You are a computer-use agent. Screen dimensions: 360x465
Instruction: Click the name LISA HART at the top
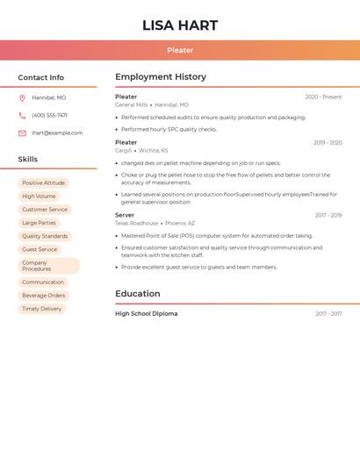pos(180,25)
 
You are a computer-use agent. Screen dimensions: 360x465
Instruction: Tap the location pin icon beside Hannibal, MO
pos(22,97)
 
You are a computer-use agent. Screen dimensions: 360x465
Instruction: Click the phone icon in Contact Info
pos(22,115)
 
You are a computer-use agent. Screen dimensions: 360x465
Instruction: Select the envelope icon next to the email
pos(22,133)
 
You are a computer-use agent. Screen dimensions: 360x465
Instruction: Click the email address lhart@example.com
pos(57,133)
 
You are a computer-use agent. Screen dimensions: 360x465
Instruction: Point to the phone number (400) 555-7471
pos(49,115)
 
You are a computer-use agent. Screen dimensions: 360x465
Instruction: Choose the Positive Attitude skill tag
pos(43,183)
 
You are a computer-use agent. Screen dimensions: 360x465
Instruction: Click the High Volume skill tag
pos(39,197)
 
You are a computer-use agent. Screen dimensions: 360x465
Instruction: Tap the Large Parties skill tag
pos(39,223)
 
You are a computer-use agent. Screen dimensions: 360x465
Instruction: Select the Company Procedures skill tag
pos(48,266)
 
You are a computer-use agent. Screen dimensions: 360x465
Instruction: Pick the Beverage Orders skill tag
pos(44,296)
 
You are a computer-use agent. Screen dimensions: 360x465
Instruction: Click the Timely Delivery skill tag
pos(42,309)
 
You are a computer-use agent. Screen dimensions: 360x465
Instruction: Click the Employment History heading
pos(161,77)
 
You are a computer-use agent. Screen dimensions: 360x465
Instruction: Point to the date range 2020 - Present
pos(323,97)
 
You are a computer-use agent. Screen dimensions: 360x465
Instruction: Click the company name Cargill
pos(123,150)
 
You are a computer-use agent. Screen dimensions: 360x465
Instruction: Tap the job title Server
pos(125,215)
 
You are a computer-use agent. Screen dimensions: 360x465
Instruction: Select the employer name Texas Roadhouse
pos(136,223)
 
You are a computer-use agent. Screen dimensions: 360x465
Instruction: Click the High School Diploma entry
pos(146,313)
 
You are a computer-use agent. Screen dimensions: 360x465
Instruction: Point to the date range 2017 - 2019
pos(328,215)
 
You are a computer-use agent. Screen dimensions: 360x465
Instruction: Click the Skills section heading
pos(28,160)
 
